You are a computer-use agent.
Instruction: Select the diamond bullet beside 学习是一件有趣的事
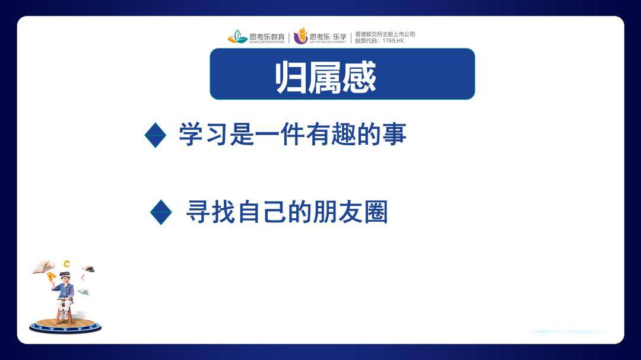[x=156, y=135]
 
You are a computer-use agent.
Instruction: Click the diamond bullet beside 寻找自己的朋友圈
[x=161, y=212]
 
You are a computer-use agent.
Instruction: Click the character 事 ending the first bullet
[x=395, y=135]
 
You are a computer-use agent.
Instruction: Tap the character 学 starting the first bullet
[x=191, y=135]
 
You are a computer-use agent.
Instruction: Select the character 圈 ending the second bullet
[x=376, y=212]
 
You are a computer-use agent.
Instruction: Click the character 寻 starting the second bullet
[x=198, y=212]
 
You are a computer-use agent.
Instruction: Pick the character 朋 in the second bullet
[x=325, y=212]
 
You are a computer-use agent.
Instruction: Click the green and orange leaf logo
[x=237, y=37]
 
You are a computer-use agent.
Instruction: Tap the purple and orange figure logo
[x=301, y=36]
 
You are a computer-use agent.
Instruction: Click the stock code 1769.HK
[x=394, y=41]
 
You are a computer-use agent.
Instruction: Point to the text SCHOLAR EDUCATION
[x=266, y=42]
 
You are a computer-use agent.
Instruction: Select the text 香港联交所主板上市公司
[x=385, y=34]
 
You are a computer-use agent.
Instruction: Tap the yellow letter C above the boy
[x=67, y=264]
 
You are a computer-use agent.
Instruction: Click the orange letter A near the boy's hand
[x=52, y=276]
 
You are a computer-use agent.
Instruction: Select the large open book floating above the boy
[x=43, y=267]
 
